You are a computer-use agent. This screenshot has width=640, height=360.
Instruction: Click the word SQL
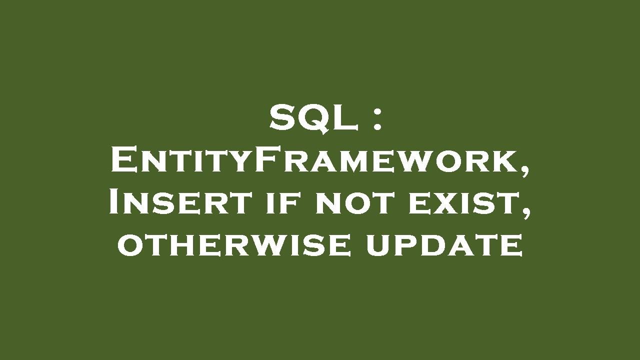pos(314,119)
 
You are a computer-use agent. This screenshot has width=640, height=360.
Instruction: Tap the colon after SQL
pos(378,120)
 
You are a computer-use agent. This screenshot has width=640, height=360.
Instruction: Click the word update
pos(444,246)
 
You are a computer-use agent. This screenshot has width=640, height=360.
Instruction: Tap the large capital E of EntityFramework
pos(122,161)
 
